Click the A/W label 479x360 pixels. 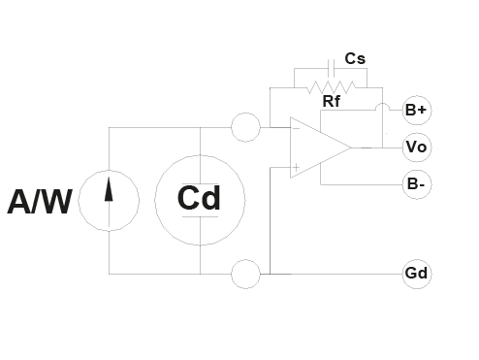pyautogui.click(x=40, y=202)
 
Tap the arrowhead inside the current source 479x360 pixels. pyautogui.click(x=109, y=189)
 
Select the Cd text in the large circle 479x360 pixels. pyautogui.click(x=199, y=198)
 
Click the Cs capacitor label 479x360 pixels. pyautogui.click(x=355, y=58)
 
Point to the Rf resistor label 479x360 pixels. pyautogui.click(x=332, y=101)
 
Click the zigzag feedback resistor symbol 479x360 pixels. pyautogui.click(x=332, y=87)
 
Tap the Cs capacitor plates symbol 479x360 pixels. pyautogui.click(x=331, y=68)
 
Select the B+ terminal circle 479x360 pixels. pyautogui.click(x=417, y=110)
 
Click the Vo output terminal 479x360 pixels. pyautogui.click(x=417, y=147)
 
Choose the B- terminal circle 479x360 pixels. pyautogui.click(x=417, y=184)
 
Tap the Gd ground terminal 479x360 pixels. pyautogui.click(x=417, y=274)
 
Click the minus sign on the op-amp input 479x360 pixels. pyautogui.click(x=296, y=128)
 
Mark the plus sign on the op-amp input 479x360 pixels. pyautogui.click(x=296, y=167)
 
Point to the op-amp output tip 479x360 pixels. pyautogui.click(x=352, y=147)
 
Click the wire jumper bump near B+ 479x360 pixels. pyautogui.click(x=383, y=104)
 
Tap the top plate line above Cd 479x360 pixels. pyautogui.click(x=201, y=183)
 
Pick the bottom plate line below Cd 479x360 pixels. pyautogui.click(x=201, y=216)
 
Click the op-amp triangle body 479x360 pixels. pyautogui.click(x=291, y=147)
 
